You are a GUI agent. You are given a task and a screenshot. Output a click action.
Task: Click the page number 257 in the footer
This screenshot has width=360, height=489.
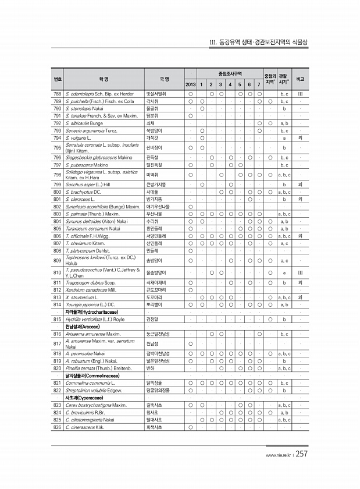pos(301,455)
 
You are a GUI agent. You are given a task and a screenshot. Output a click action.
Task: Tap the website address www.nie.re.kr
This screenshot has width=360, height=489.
pos(279,456)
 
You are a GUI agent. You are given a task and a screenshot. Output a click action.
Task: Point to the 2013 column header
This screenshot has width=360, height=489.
pos(190,85)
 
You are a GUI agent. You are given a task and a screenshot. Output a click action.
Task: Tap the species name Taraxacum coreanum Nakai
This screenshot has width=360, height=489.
pos(92,229)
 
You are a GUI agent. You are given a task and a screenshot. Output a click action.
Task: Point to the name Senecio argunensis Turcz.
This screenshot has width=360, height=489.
pos(88,130)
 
